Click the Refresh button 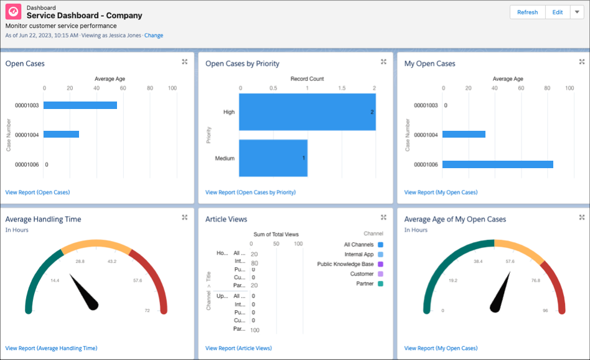pos(527,12)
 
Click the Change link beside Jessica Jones pos(154,36)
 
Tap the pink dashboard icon pos(13,13)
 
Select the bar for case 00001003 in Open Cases pos(80,105)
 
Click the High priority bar pos(307,112)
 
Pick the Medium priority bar pos(273,158)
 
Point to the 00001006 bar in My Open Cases pos(497,164)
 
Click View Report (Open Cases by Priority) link pos(250,192)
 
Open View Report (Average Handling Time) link pos(51,348)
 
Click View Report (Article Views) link pos(238,348)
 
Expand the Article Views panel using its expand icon pos(384,217)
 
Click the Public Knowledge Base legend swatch pos(380,264)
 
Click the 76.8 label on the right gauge pos(535,280)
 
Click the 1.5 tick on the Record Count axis pos(341,88)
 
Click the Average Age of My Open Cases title pos(455,219)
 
